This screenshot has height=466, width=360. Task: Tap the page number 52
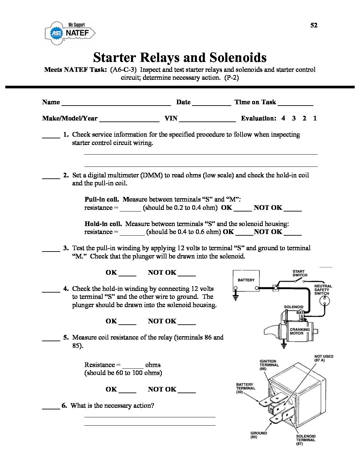point(314,25)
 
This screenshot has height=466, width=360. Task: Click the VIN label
point(171,118)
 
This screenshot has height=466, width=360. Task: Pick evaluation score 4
point(283,118)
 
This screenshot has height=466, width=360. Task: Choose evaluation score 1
point(315,118)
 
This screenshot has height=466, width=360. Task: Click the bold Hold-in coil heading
point(103,224)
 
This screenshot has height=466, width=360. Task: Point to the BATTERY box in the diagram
point(246,281)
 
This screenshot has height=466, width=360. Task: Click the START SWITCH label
point(300,273)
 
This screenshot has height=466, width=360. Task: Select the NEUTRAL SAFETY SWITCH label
point(323,290)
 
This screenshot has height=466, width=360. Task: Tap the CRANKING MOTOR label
point(299,331)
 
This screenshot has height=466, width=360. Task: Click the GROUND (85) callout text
point(258,435)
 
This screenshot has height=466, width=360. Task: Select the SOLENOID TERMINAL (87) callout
point(306,440)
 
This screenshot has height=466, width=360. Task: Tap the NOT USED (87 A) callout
point(324,358)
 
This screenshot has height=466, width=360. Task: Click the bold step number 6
point(64,405)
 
